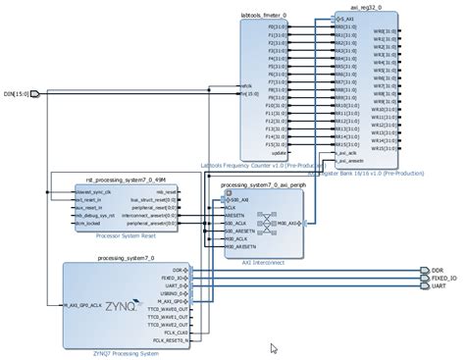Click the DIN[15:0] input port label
[16, 94]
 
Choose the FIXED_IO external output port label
[443, 279]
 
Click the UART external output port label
[439, 287]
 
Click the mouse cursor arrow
[274, 320]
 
